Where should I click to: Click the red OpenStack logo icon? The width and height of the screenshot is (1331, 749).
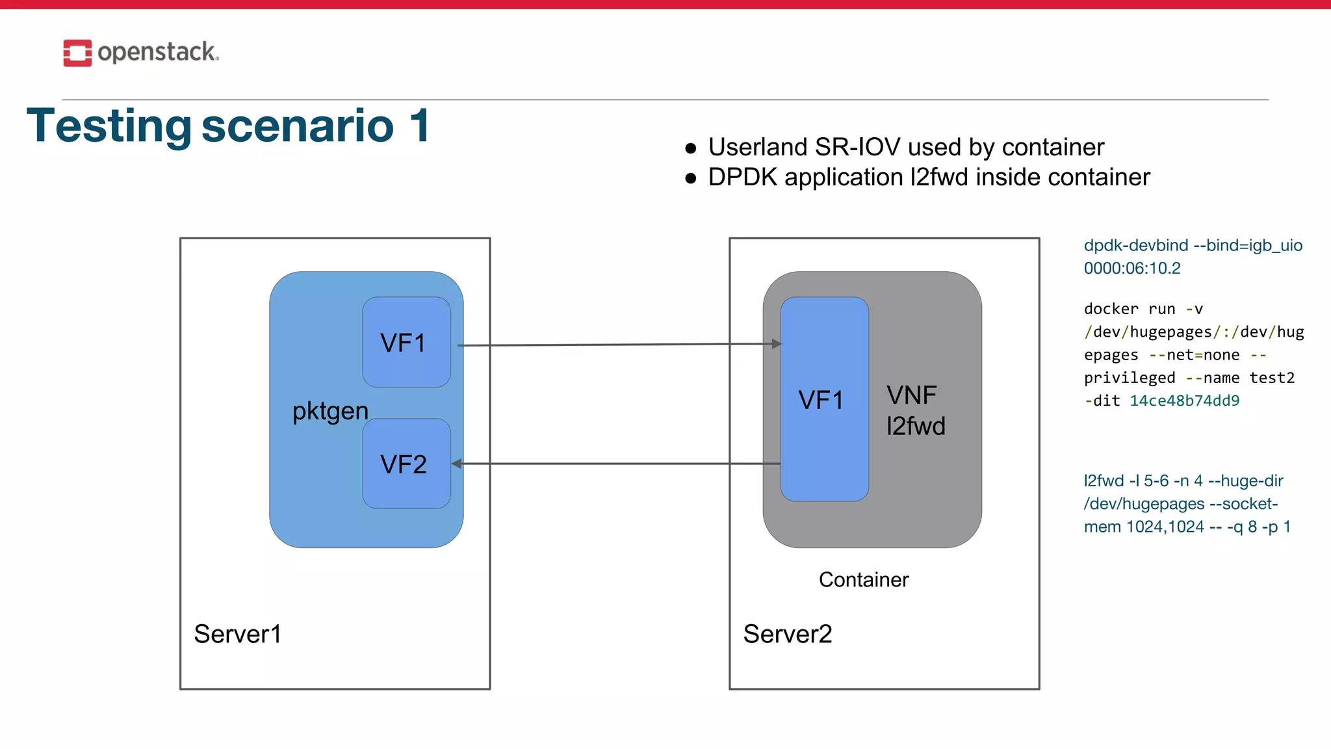point(77,53)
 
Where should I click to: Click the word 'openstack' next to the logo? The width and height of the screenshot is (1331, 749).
point(157,52)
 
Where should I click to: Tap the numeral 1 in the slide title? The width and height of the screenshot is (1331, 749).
point(419,125)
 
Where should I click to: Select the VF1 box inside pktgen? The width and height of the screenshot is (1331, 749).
point(406,342)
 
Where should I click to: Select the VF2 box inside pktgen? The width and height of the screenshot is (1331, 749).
point(406,464)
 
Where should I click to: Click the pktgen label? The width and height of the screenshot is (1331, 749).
point(330,411)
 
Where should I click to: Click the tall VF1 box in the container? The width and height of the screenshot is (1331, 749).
point(823,399)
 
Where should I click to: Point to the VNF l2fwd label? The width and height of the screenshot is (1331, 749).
point(915,411)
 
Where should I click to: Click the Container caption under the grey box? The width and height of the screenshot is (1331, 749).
point(863,579)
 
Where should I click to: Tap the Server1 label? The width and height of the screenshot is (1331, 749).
point(237,634)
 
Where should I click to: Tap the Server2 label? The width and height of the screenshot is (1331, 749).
point(787,634)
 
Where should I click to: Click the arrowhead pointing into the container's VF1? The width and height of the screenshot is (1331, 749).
point(776,343)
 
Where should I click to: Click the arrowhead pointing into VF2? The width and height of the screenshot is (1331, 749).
point(457,464)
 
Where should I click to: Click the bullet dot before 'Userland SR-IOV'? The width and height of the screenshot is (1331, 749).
point(691,149)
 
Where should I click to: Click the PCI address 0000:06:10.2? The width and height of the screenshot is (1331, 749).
point(1131,268)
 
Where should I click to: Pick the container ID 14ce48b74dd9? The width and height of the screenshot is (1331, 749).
point(1184,401)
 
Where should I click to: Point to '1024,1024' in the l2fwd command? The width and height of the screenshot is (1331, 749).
point(1165,527)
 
